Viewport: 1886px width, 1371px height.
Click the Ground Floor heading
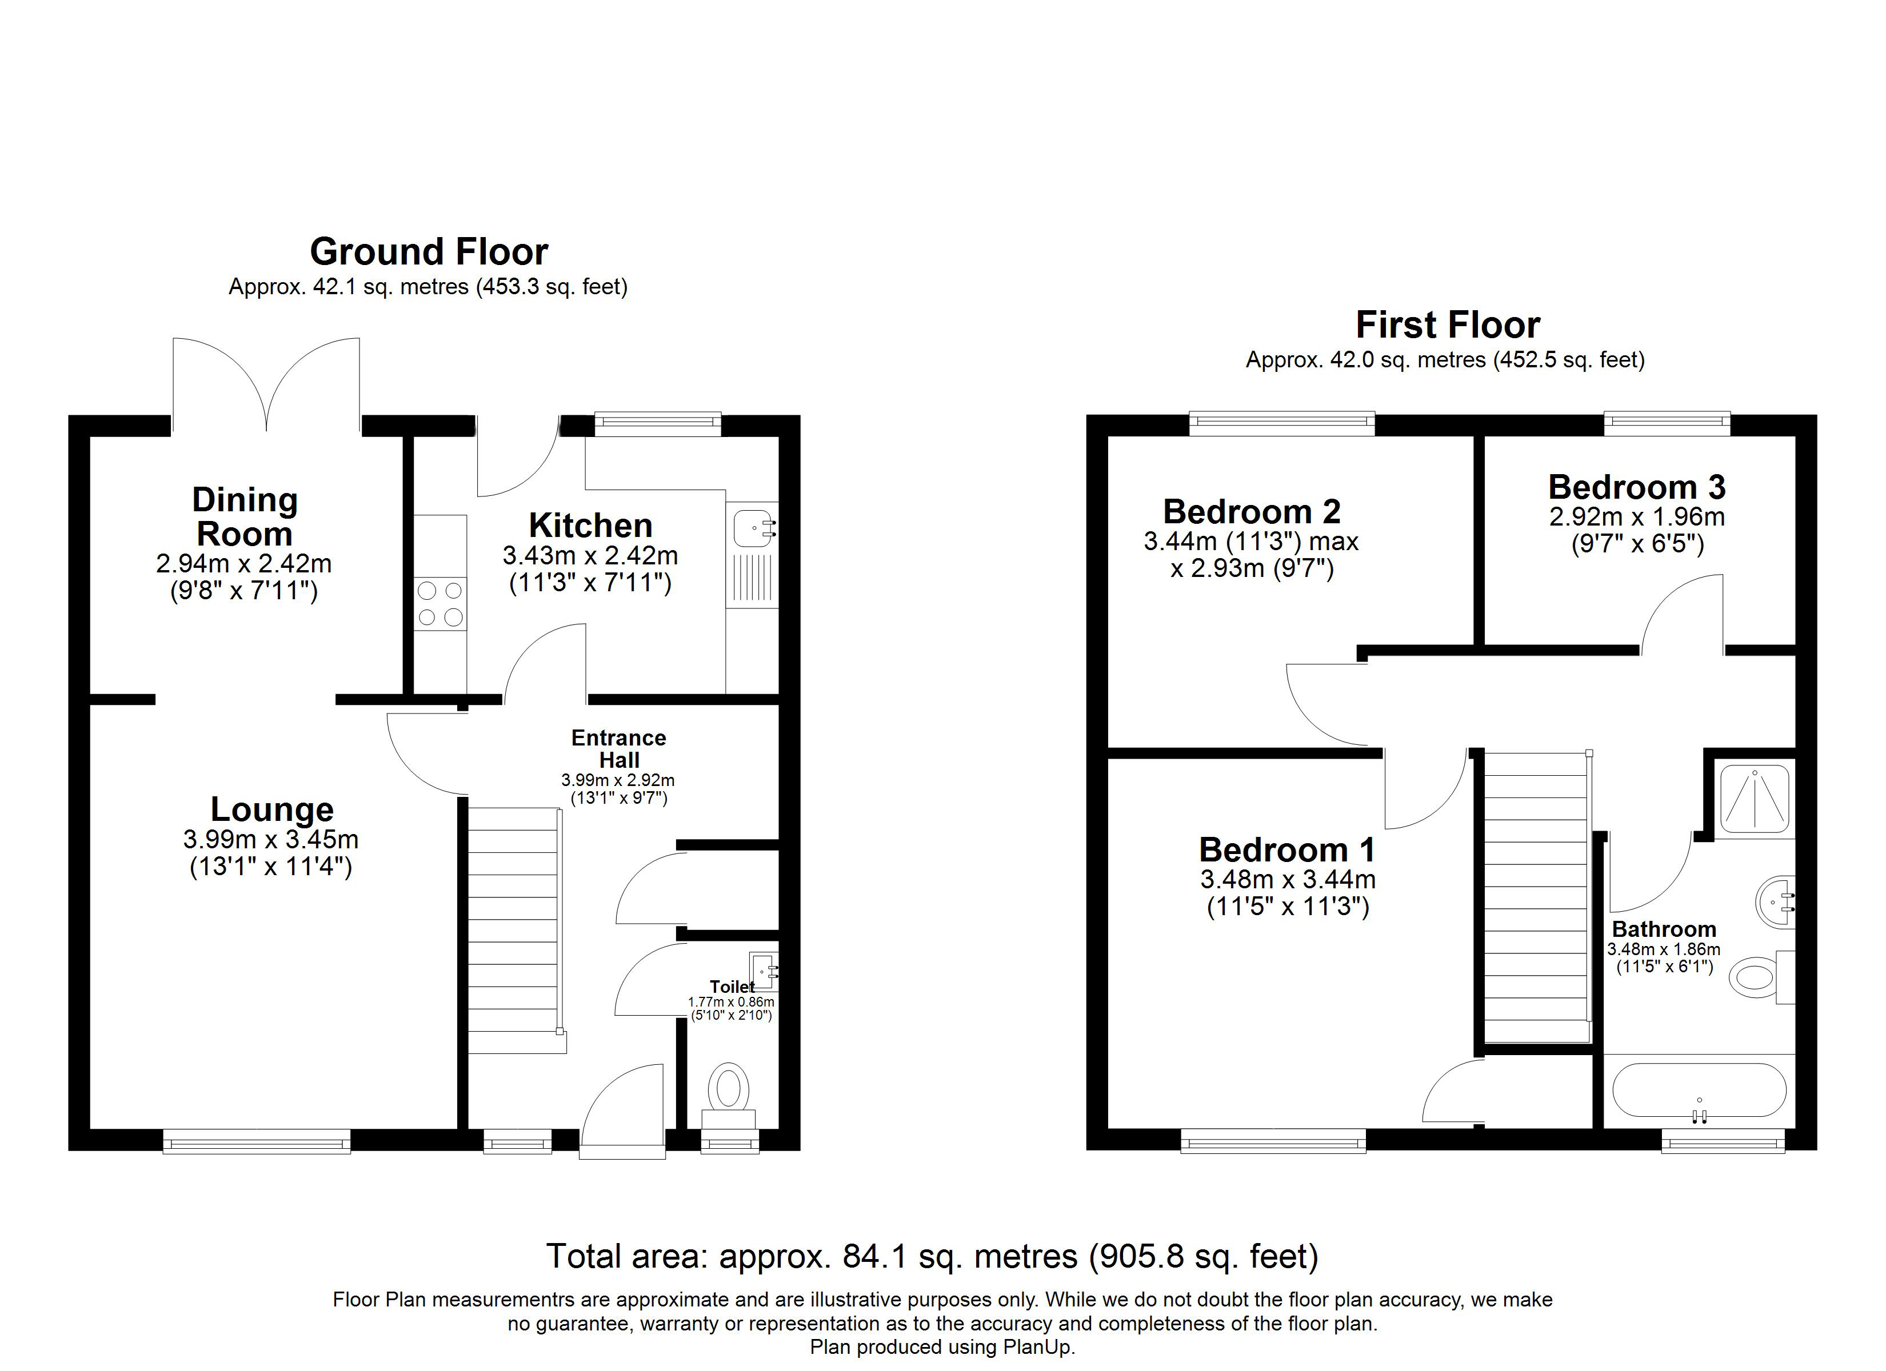coord(429,251)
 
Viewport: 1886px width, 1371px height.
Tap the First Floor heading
coord(1448,324)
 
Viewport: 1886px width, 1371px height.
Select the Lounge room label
coord(272,809)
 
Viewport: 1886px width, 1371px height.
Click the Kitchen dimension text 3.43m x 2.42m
coord(590,555)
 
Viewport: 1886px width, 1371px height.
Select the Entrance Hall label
coord(619,748)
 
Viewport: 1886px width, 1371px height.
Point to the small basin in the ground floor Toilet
coord(764,970)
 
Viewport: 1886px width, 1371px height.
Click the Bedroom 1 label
coord(1287,849)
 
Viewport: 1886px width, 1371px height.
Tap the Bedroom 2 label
coord(1252,511)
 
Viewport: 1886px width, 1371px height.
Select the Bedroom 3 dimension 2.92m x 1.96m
coord(1636,517)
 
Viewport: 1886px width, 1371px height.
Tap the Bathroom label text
coord(1664,929)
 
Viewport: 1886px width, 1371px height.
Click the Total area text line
coord(932,1256)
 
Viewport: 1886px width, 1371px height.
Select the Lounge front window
coord(257,1141)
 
